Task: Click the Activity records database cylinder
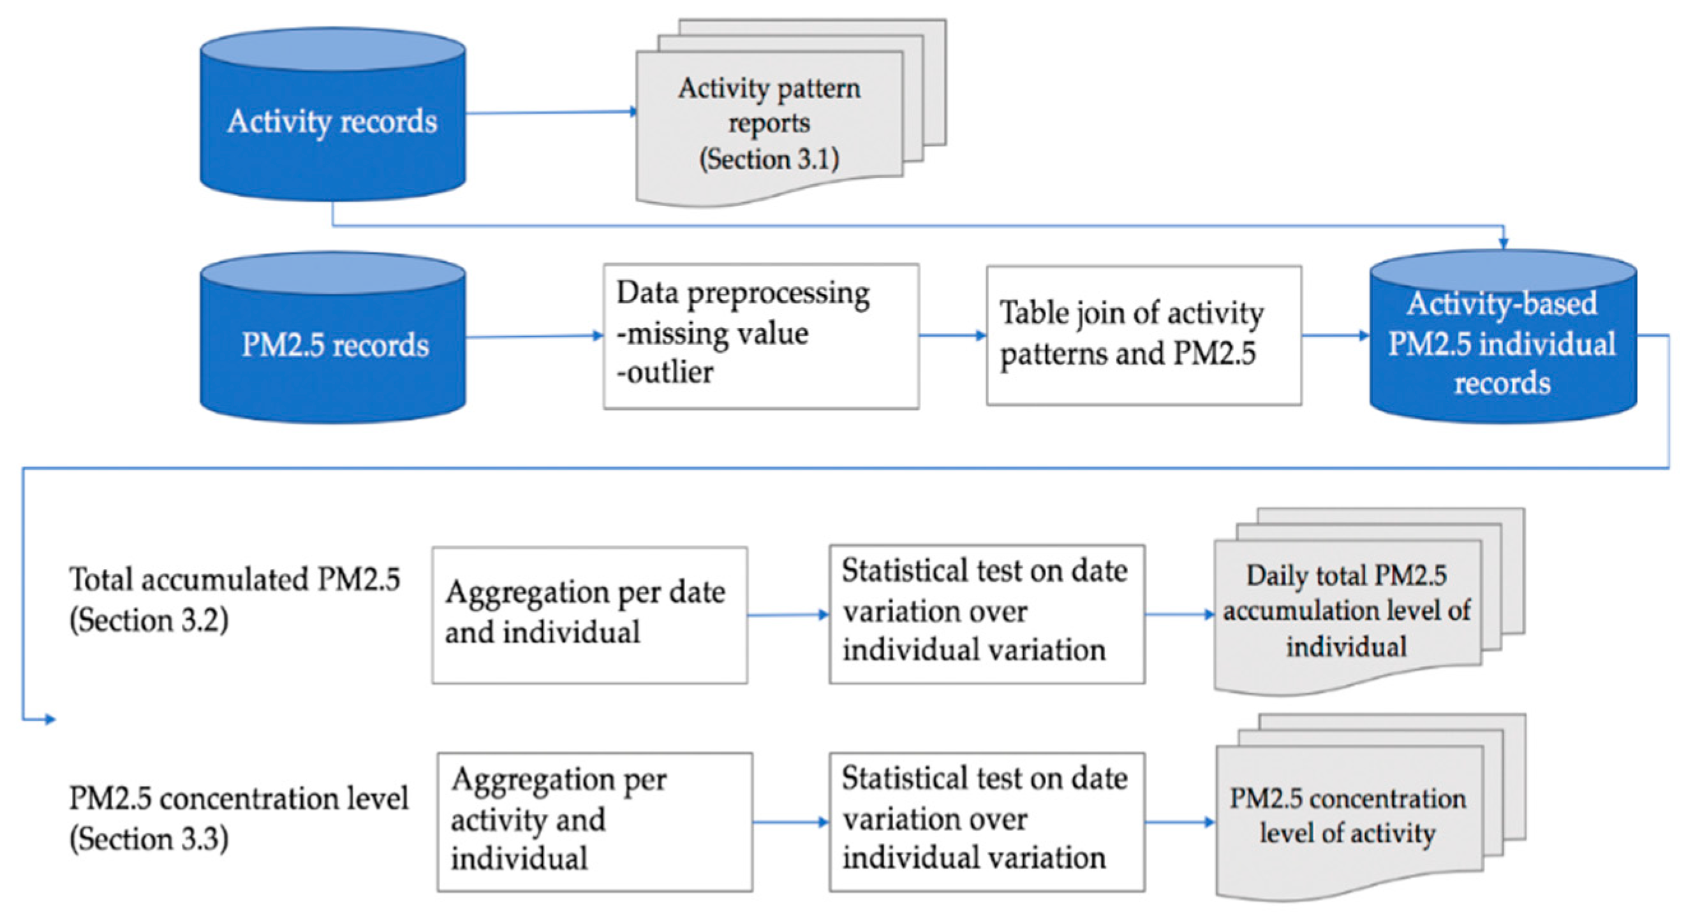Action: (332, 121)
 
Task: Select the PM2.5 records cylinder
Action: (332, 345)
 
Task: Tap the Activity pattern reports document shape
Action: (769, 124)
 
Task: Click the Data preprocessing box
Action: (760, 336)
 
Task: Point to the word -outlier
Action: (665, 373)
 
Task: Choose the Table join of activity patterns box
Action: (1143, 335)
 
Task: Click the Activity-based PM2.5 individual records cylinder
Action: (1503, 344)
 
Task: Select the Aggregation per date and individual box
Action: (589, 615)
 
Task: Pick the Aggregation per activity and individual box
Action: (595, 821)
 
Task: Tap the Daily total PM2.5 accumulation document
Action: (1347, 612)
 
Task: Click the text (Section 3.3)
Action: (149, 839)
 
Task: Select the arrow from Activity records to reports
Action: (550, 113)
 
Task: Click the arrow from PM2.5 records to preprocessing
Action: (533, 336)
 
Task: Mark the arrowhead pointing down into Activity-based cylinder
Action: (1504, 243)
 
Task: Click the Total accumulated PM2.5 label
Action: (234, 579)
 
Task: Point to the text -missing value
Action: (712, 333)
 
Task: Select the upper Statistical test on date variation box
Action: (986, 614)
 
